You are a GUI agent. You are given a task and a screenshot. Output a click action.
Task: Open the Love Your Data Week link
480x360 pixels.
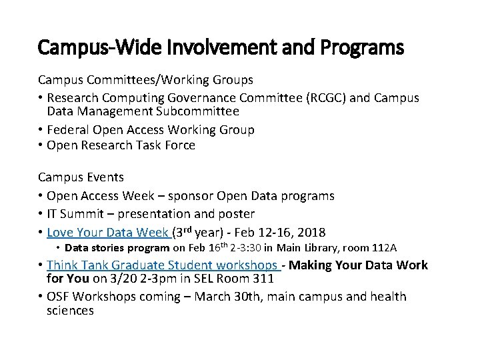108,233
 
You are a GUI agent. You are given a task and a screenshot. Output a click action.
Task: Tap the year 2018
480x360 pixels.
311,233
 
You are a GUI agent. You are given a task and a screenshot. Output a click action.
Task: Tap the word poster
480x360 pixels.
238,214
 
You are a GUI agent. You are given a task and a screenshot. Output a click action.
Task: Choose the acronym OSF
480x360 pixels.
59,296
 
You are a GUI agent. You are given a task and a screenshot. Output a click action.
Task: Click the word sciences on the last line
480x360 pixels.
70,310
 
